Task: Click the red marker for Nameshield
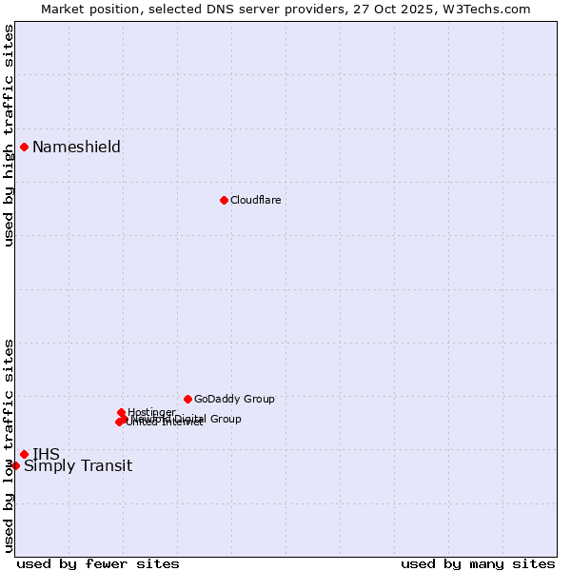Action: (24, 147)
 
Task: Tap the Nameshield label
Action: (76, 147)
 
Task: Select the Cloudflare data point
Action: (224, 200)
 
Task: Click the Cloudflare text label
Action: (255, 200)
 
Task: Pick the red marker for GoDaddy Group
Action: (187, 399)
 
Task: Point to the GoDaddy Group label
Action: (234, 399)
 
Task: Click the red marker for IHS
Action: (24, 454)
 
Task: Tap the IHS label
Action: (46, 454)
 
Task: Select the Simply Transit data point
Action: (15, 465)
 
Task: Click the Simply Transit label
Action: (78, 465)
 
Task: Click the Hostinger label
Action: (152, 412)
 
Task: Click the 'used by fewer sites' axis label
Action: (98, 563)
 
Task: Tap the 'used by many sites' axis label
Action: (478, 563)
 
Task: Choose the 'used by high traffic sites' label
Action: (10, 135)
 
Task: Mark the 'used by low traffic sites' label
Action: (10, 445)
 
